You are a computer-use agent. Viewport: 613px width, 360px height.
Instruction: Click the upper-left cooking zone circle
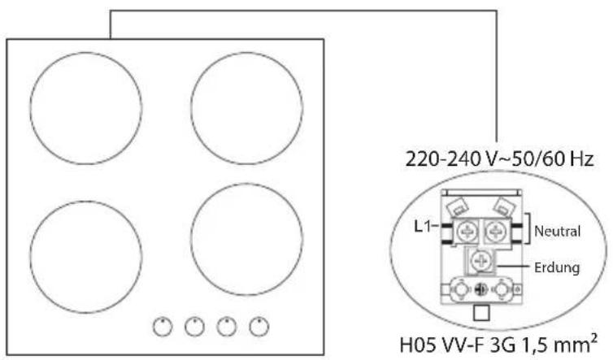pos(31,108)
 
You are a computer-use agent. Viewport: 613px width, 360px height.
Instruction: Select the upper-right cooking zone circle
pos(191,108)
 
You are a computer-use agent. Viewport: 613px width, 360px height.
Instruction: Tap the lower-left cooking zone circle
pos(31,257)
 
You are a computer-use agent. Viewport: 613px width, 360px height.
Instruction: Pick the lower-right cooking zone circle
pos(191,239)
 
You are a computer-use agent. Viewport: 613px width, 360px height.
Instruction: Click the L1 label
pos(423,226)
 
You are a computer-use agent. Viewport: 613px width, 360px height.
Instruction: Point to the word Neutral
pos(557,231)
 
